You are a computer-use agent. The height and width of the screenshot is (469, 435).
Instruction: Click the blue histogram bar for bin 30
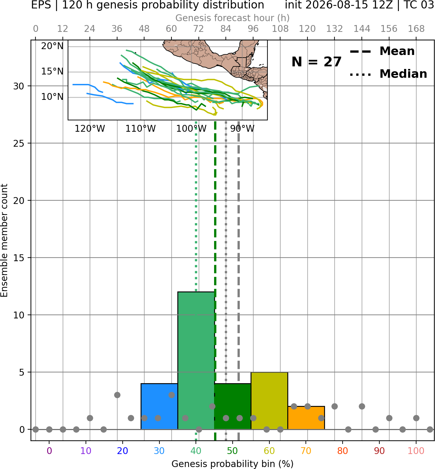coord(159,406)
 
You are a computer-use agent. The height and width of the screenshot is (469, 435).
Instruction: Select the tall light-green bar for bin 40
coord(196,360)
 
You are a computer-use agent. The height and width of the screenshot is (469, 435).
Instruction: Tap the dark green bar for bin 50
coord(233,406)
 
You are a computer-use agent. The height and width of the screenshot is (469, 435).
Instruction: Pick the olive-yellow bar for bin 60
coord(269,401)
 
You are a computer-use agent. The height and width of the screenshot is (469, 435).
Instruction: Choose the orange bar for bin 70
coord(306,418)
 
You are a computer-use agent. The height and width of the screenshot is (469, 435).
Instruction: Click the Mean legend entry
coord(382,51)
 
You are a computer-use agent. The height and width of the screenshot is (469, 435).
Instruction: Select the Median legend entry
coord(388,74)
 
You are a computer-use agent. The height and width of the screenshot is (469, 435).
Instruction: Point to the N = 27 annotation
coord(317,62)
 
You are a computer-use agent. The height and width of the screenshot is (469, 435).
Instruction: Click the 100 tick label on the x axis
coord(416,451)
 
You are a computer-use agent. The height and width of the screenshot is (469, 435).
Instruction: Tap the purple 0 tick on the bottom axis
coord(49,451)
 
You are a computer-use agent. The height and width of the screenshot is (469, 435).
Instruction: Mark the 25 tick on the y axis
coord(19,143)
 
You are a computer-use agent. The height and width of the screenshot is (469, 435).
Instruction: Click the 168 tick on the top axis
coord(416,29)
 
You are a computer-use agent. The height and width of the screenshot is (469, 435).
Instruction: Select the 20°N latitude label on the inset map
coord(52,46)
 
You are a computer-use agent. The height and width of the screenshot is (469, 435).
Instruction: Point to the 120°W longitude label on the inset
coord(90,129)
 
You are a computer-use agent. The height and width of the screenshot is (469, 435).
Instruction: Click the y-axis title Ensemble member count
coord(4,240)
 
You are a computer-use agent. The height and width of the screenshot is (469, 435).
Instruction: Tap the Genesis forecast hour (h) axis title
coord(233,18)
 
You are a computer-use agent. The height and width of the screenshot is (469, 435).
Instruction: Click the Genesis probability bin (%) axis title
coord(233,464)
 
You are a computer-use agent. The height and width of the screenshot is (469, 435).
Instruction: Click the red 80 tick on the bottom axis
coord(343,451)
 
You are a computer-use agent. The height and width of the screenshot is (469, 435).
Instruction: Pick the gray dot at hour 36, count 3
coord(117,395)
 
